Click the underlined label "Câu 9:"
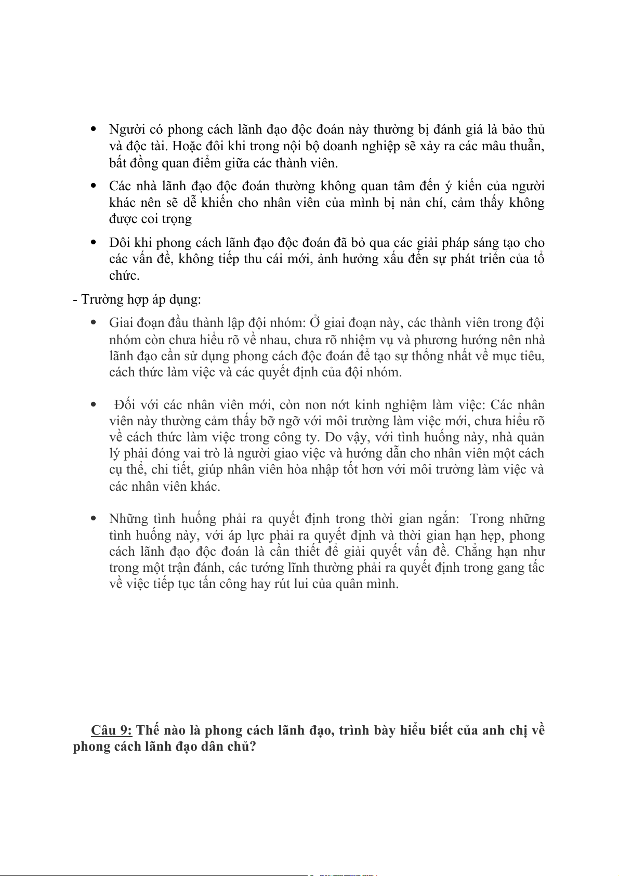(x=111, y=730)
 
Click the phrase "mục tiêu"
(x=518, y=356)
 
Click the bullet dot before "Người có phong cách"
(x=94, y=128)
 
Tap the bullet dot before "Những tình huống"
(x=94, y=518)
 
